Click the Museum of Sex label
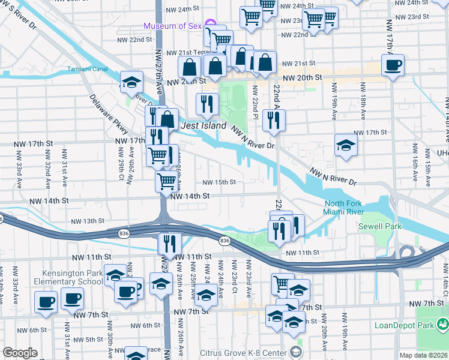(172, 25)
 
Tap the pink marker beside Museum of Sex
(210, 25)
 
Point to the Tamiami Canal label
(87, 69)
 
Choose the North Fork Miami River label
(354, 209)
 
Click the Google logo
(20, 353)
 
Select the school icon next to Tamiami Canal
(131, 82)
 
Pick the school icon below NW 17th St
(346, 145)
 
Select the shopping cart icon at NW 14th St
(166, 180)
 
